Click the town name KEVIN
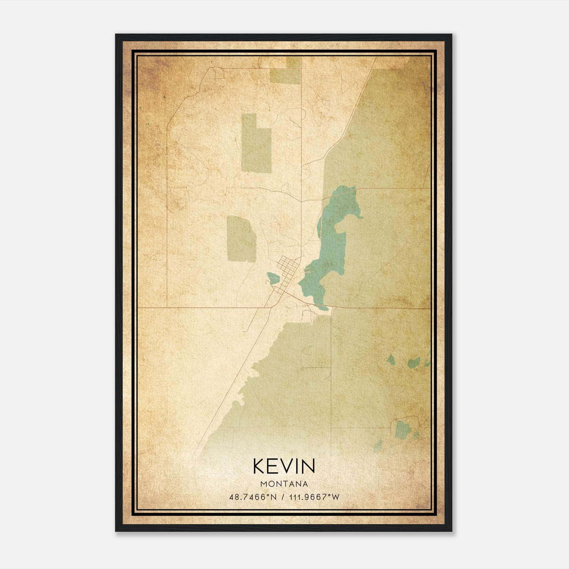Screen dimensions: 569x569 tap(284, 466)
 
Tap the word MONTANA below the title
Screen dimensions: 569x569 tap(284, 484)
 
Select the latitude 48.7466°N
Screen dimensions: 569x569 tap(253, 497)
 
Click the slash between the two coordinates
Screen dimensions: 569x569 tap(283, 497)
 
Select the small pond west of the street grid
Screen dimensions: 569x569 tap(273, 278)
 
